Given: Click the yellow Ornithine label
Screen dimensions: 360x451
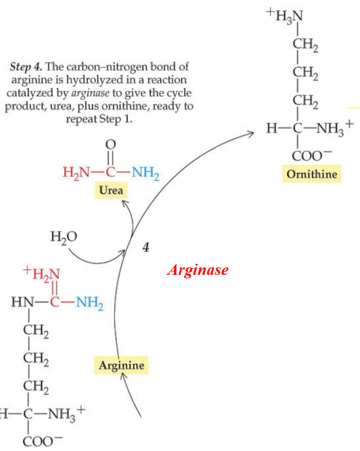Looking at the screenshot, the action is [x=312, y=174].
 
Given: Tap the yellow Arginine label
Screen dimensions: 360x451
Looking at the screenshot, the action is [x=121, y=365].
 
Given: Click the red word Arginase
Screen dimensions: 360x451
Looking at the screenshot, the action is [x=197, y=270].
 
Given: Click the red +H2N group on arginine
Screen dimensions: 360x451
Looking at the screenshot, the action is [x=42, y=271].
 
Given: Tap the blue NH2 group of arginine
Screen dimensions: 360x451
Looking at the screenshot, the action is [x=88, y=303].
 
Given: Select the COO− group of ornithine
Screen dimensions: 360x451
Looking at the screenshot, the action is [x=308, y=155].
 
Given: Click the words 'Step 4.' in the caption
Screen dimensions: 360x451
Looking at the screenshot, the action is [x=26, y=67].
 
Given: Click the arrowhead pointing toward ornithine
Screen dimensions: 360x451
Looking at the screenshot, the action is [x=251, y=134].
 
